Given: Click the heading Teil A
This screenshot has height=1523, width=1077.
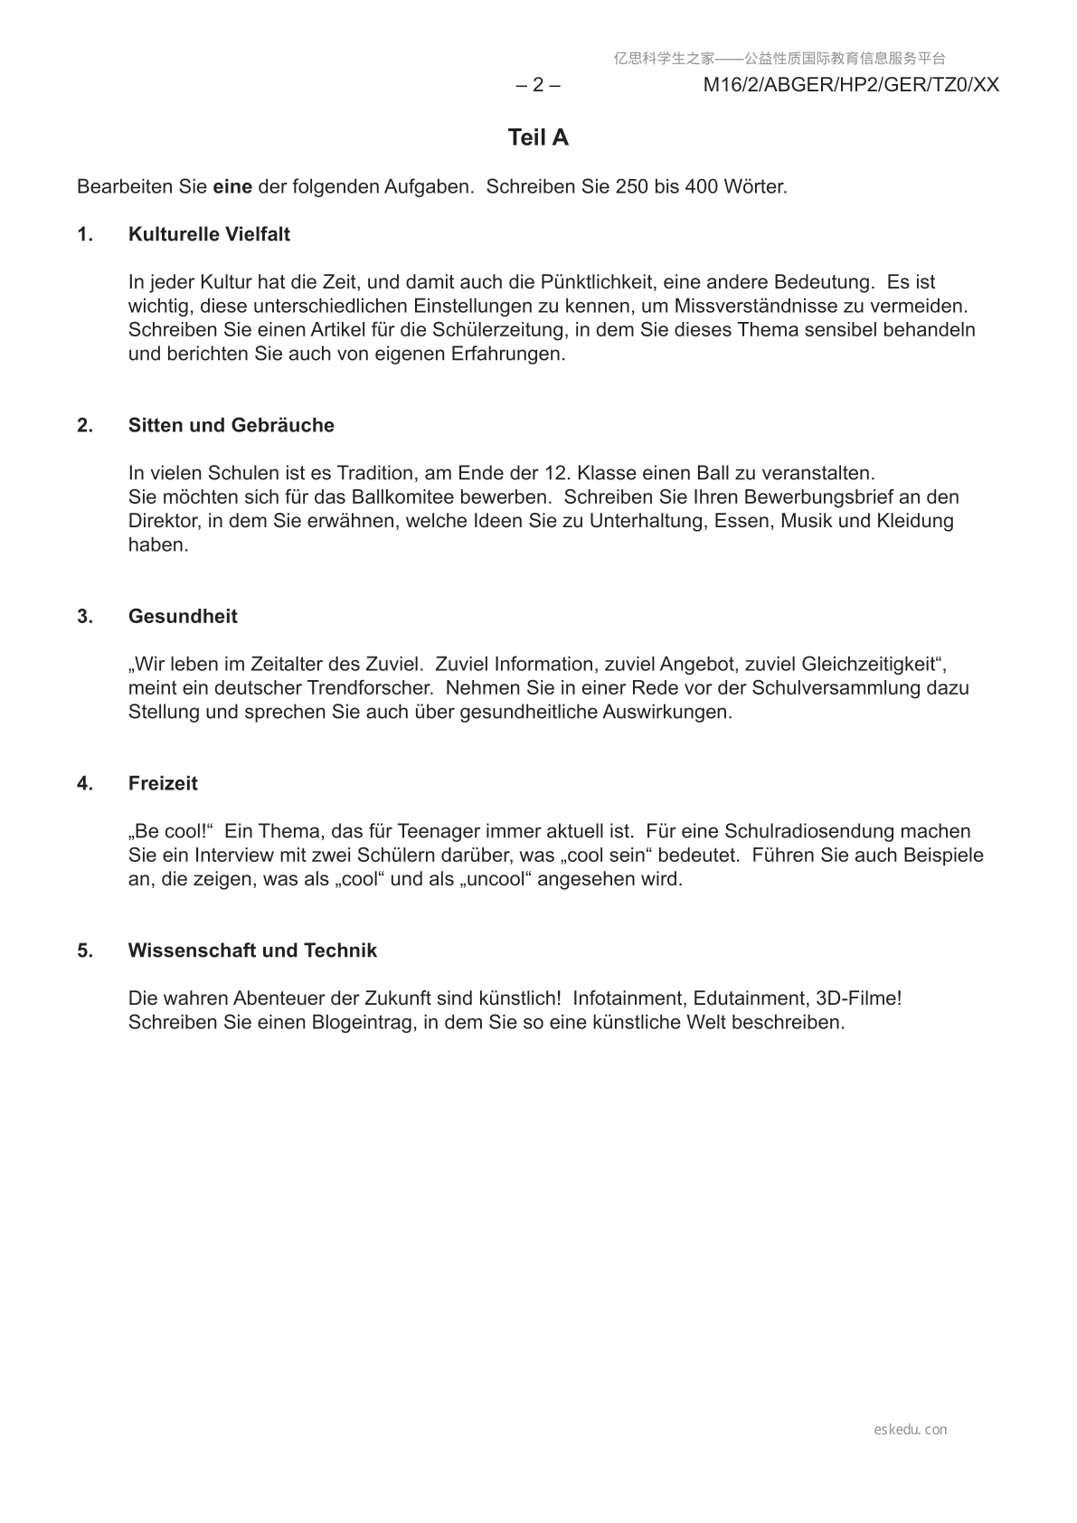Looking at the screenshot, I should (x=538, y=137).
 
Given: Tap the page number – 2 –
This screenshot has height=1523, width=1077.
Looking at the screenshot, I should (x=537, y=85).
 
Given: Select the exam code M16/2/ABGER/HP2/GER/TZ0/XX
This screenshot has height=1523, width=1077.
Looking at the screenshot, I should (x=851, y=85).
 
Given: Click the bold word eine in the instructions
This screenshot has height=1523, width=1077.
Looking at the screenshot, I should (x=232, y=187).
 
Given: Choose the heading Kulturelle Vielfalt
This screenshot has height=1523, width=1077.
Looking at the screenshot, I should (x=209, y=234).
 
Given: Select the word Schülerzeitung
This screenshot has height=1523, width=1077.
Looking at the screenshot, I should (x=464, y=330).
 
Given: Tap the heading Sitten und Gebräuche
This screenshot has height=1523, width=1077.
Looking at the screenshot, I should (x=231, y=425).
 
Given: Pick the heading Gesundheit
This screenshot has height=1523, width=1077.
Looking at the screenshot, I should (x=183, y=616).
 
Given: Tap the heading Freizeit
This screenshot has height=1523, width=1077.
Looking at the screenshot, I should (x=163, y=783).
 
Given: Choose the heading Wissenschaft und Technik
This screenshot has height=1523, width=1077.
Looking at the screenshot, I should (x=252, y=951).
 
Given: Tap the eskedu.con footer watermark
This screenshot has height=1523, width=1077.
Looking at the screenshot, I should (x=911, y=1430).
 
